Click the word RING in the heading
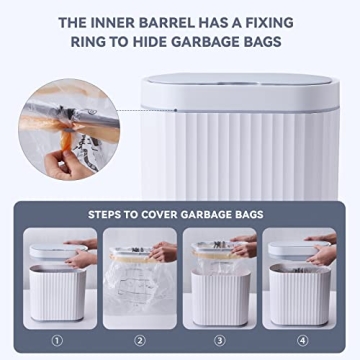tap(92, 43)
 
